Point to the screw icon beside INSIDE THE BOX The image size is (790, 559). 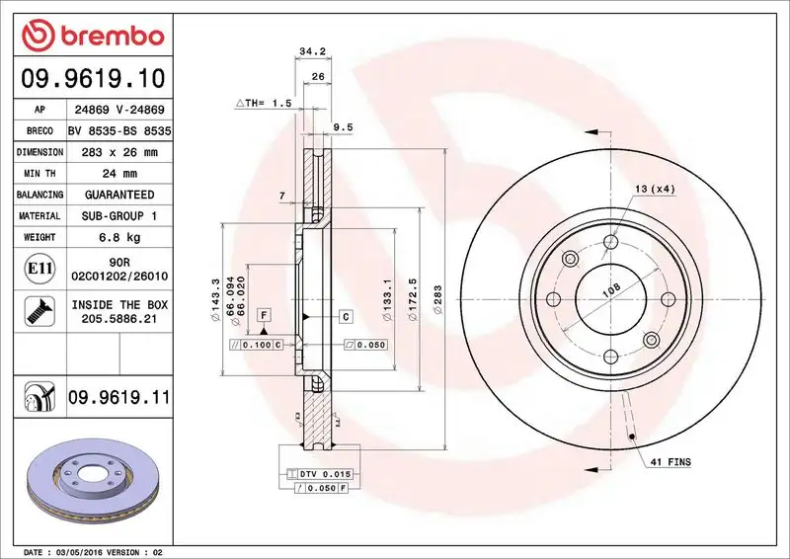pos(32,312)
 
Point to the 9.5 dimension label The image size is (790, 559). pos(343,126)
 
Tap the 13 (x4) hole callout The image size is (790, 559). pos(656,189)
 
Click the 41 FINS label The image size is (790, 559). pos(671,462)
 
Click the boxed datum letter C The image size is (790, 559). pos(347,316)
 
